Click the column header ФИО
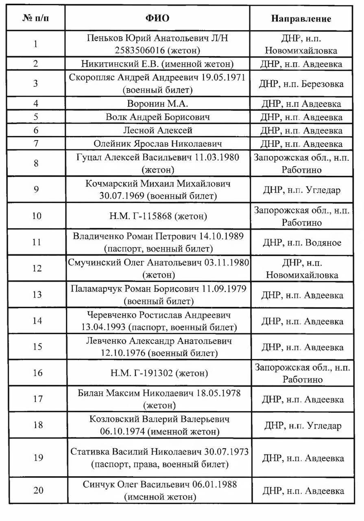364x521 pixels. point(157,18)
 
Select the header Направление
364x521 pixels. point(301,19)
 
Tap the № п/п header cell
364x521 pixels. point(37,19)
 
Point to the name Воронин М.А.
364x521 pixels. point(157,104)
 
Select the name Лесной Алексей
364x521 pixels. point(157,130)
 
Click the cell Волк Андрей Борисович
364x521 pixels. point(157,117)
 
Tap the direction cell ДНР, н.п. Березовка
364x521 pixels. point(301,84)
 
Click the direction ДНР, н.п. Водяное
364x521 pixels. point(301,243)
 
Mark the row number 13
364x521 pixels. point(37,295)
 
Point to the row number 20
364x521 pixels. point(38,490)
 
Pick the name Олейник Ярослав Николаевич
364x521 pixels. point(157,144)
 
